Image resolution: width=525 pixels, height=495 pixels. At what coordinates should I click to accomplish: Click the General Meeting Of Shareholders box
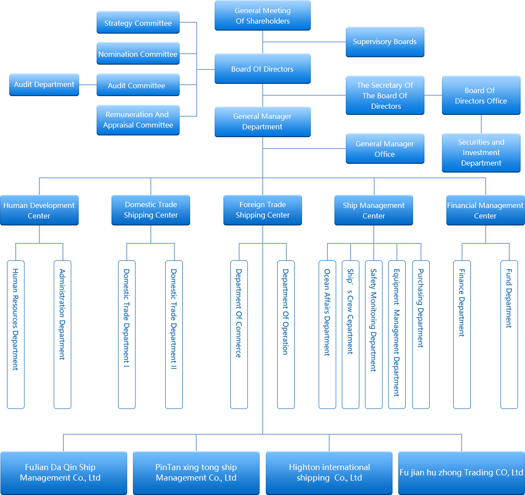pyautogui.click(x=263, y=16)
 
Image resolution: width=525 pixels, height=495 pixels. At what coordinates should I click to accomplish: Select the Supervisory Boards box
pyautogui.click(x=385, y=42)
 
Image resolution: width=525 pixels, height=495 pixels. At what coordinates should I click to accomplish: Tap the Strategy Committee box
pyautogui.click(x=138, y=23)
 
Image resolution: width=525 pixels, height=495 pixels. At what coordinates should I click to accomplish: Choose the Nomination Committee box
pyautogui.click(x=138, y=54)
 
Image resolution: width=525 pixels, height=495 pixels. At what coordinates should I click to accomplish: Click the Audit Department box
pyautogui.click(x=44, y=85)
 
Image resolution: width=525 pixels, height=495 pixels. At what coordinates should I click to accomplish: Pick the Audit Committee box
pyautogui.click(x=138, y=85)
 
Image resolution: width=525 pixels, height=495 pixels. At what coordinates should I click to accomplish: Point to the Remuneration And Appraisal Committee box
pyautogui.click(x=138, y=120)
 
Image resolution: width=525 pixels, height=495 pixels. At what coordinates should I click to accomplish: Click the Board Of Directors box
pyautogui.click(x=263, y=69)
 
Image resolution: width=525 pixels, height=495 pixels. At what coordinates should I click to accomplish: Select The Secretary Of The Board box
pyautogui.click(x=385, y=95)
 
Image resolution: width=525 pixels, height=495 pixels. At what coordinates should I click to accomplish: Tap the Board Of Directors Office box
pyautogui.click(x=481, y=95)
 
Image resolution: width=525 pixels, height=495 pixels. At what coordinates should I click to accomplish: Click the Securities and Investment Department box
pyautogui.click(x=481, y=152)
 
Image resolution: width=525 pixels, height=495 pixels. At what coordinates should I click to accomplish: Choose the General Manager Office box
pyautogui.click(x=385, y=149)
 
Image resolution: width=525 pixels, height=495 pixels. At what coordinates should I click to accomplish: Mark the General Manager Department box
pyautogui.click(x=263, y=121)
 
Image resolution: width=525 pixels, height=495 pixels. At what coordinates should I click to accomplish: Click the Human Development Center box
pyautogui.click(x=39, y=210)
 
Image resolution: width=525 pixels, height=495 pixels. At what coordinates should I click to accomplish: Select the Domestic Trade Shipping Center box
pyautogui.click(x=151, y=210)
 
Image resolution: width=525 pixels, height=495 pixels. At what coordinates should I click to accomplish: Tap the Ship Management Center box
pyautogui.click(x=374, y=210)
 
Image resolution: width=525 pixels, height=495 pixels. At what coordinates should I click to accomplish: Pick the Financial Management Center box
pyautogui.click(x=485, y=210)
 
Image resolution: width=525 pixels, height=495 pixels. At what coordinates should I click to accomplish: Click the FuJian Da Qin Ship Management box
pyautogui.click(x=63, y=473)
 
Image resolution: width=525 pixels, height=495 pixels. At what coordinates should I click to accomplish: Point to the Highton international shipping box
pyautogui.click(x=329, y=473)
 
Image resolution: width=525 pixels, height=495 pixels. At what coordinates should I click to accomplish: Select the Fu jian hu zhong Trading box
pyautogui.click(x=461, y=473)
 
